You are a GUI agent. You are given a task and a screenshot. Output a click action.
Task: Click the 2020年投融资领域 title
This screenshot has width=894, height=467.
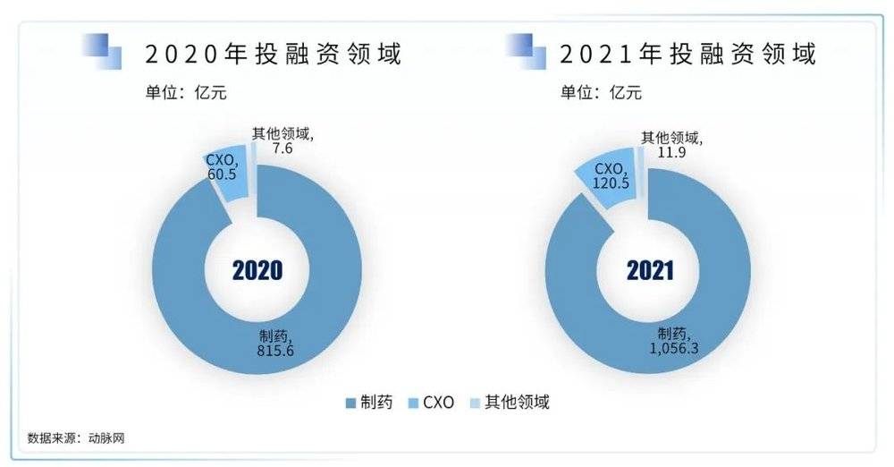coord(274,54)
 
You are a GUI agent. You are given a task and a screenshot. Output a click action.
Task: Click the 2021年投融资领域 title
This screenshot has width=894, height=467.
coord(688,54)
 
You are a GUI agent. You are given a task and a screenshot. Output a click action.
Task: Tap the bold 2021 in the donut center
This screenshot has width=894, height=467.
coord(649,269)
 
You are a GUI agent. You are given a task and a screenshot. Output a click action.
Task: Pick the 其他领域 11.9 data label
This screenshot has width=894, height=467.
coord(672,145)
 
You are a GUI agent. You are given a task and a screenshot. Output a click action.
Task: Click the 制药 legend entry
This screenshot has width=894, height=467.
coord(361,403)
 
